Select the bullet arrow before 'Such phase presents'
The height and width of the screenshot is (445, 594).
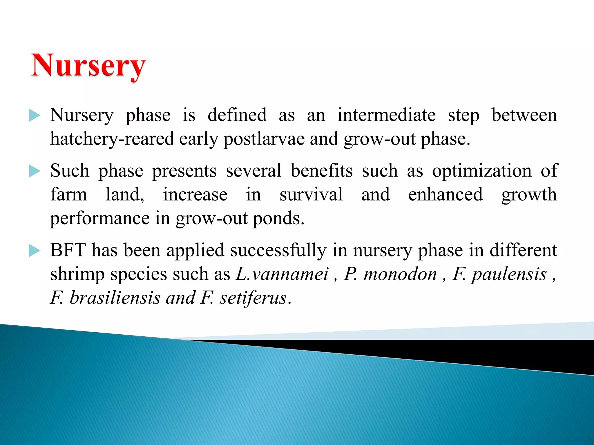click(x=35, y=171)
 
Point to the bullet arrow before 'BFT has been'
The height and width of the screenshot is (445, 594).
click(x=35, y=251)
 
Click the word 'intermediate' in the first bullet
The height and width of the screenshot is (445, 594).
click(x=386, y=115)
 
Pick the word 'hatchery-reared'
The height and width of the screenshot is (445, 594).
click(x=112, y=139)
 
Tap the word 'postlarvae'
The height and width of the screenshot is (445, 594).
click(x=264, y=139)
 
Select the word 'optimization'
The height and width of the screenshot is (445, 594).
click(x=482, y=171)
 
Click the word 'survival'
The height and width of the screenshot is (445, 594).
click(x=311, y=194)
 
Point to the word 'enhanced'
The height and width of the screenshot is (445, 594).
click(x=445, y=194)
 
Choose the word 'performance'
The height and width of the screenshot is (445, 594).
click(x=100, y=218)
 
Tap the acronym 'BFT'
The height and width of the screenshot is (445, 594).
click(x=68, y=250)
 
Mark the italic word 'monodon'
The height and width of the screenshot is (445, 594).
click(x=400, y=274)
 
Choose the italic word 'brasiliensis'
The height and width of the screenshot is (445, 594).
click(x=115, y=298)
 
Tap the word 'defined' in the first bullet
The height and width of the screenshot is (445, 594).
click(x=237, y=115)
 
